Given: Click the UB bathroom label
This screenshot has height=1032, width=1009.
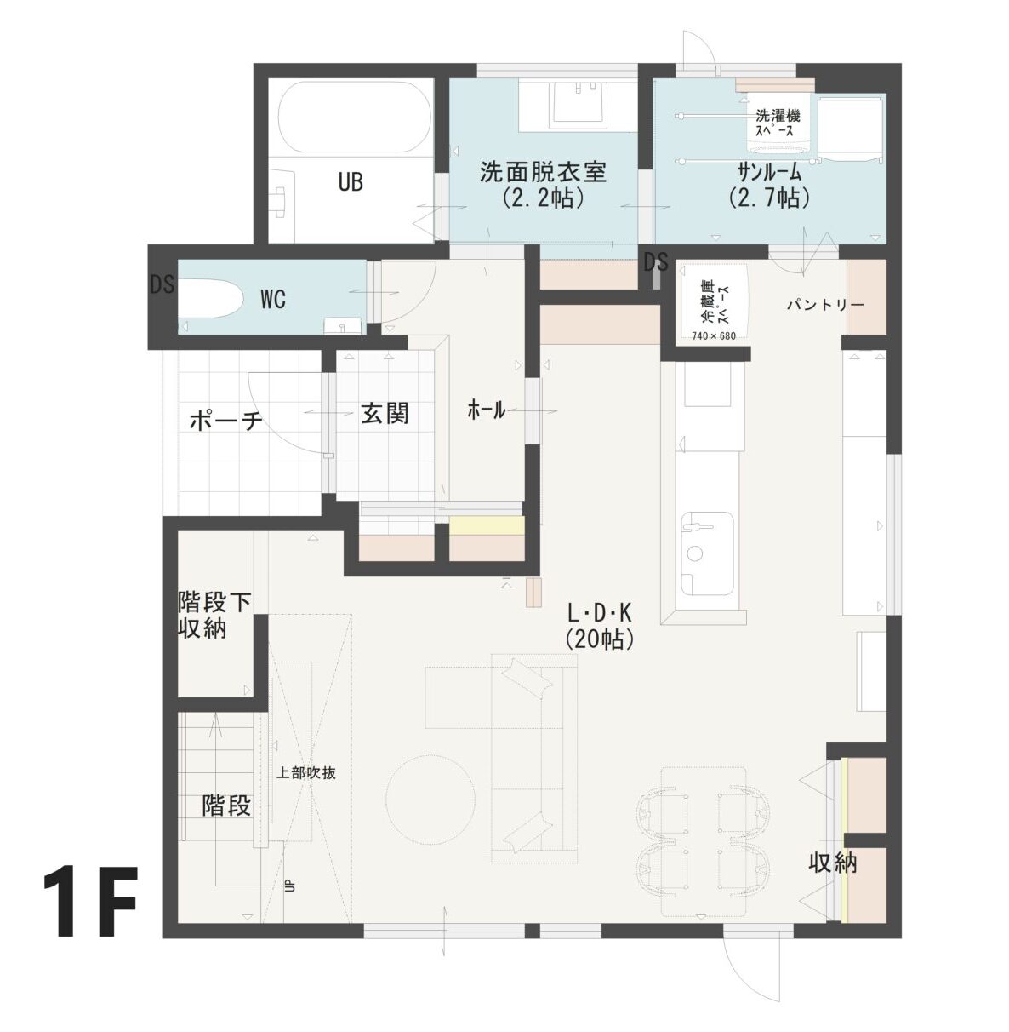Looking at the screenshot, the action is (351, 182).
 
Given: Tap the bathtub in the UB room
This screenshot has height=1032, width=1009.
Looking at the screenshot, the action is (354, 118).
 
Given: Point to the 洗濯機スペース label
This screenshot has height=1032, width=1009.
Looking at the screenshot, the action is (778, 123).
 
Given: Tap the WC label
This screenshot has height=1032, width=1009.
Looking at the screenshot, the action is (273, 301).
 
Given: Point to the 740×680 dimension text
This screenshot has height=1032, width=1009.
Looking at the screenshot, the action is (714, 335).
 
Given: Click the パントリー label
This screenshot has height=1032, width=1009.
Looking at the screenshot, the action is (825, 305).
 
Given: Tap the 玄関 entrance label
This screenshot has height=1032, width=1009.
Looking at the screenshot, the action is (385, 413).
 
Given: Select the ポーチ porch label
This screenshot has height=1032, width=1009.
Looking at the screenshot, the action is (225, 421).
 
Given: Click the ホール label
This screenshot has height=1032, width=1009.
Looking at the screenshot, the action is (486, 410).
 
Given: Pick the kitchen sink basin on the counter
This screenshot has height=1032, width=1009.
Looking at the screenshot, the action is (707, 553).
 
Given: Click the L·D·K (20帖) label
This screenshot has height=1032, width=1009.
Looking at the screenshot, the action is (599, 627).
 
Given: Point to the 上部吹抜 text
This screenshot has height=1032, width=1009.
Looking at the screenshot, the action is (305, 772).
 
